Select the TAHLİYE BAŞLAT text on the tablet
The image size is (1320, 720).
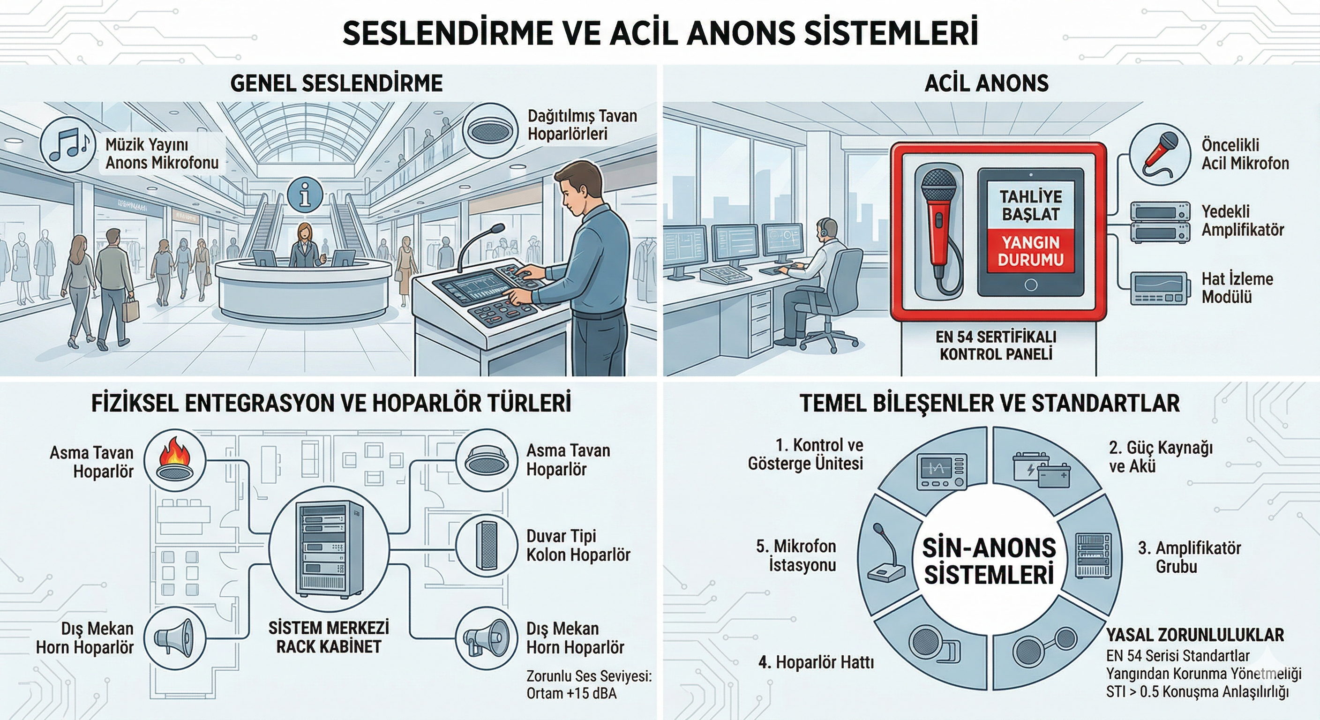1030,205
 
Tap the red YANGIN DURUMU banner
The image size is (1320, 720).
1030,251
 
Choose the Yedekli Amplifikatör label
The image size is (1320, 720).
1243,220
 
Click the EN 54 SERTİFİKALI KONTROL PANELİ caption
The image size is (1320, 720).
996,345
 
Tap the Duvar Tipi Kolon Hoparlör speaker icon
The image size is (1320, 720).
486,546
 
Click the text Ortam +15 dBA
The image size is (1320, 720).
571,693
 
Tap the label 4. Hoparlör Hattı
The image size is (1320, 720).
816,662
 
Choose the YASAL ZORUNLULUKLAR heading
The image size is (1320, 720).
1194,635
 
